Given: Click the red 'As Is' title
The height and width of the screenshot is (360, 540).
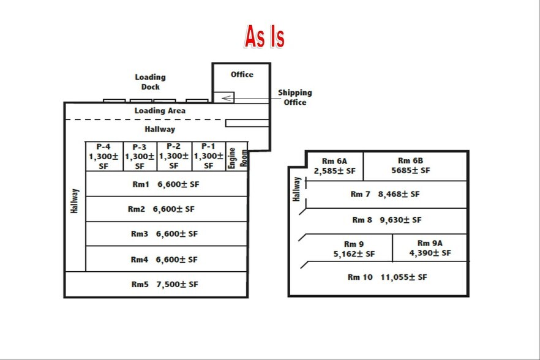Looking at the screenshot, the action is pyautogui.click(x=264, y=36).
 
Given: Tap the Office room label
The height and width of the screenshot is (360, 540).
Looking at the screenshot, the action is pyautogui.click(x=242, y=75).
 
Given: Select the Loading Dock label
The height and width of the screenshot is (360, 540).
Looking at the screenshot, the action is pyautogui.click(x=150, y=82).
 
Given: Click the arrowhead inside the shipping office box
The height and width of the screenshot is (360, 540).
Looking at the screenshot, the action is pyautogui.click(x=227, y=98).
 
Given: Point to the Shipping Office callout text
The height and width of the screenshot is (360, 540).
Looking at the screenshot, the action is pyautogui.click(x=295, y=97).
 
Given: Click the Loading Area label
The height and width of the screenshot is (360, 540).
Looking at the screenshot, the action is pyautogui.click(x=160, y=111).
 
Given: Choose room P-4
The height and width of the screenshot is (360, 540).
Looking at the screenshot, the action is pyautogui.click(x=104, y=156).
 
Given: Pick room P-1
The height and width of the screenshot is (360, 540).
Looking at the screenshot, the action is pyautogui.click(x=209, y=156).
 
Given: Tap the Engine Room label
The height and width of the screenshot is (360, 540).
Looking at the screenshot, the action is pyautogui.click(x=238, y=158).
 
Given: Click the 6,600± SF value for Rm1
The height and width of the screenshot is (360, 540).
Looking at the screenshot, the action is pyautogui.click(x=178, y=184).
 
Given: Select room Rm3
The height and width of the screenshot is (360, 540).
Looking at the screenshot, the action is pyautogui.click(x=167, y=234).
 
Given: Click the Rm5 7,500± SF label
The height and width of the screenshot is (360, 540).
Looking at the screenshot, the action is pyautogui.click(x=165, y=284).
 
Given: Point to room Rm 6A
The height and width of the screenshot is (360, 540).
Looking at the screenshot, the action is pyautogui.click(x=334, y=166).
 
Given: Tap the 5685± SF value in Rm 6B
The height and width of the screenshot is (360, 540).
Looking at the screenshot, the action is pyautogui.click(x=410, y=171).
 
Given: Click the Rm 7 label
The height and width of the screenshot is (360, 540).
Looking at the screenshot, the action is pyautogui.click(x=360, y=194).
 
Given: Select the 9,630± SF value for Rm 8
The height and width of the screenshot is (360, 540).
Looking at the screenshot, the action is pyautogui.click(x=400, y=220).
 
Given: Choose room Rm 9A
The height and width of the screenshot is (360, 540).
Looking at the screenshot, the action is pyautogui.click(x=430, y=248).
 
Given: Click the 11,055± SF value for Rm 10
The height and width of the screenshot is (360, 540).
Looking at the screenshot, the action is pyautogui.click(x=403, y=277).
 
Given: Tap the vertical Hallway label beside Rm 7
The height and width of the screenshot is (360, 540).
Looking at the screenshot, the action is pyautogui.click(x=296, y=189).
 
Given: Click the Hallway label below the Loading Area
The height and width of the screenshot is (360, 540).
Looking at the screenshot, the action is pyautogui.click(x=160, y=129).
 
